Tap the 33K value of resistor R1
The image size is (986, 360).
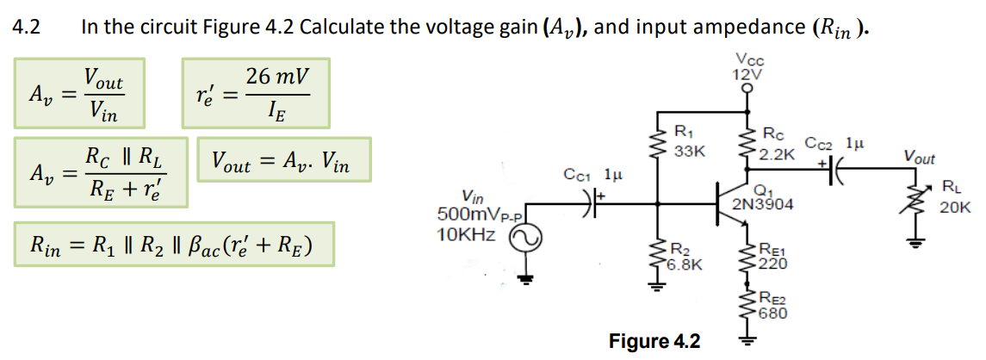690,151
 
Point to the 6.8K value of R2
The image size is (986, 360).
687,265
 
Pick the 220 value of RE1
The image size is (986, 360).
772,264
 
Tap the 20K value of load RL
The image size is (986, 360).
956,208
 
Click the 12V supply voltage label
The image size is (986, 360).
746,74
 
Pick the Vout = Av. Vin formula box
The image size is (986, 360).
284,161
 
